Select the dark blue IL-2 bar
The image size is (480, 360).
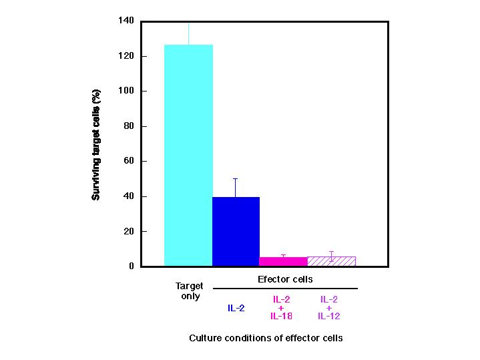(236, 231)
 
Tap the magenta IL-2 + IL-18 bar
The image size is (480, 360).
(283, 262)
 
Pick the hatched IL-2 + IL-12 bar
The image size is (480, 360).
(331, 261)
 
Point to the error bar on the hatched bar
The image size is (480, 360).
(331, 254)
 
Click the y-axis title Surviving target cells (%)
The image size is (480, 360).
(96, 144)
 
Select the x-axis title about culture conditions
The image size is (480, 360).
(266, 338)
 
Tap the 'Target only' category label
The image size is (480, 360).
(190, 291)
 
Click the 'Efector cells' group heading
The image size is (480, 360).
(285, 279)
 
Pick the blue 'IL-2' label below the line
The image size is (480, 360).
(236, 308)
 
